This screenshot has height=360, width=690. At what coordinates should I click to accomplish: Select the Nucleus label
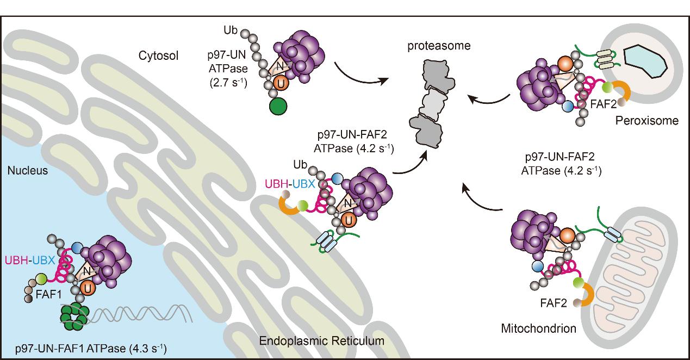coord(28,171)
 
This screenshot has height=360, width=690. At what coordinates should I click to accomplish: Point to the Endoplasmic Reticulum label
coord(322,341)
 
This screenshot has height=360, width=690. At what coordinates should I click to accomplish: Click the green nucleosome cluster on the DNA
coord(74,316)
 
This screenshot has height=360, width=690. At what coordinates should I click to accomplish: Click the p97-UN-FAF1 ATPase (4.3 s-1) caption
coord(91,347)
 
